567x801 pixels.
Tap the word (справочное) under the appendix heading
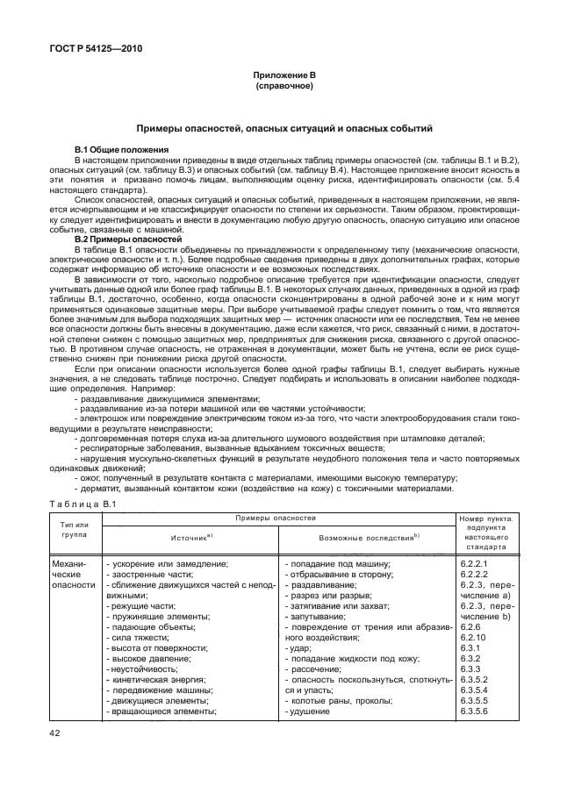click(283, 89)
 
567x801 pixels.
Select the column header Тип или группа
click(75, 529)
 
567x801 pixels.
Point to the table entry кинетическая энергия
click(154, 680)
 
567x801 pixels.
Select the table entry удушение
click(307, 712)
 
